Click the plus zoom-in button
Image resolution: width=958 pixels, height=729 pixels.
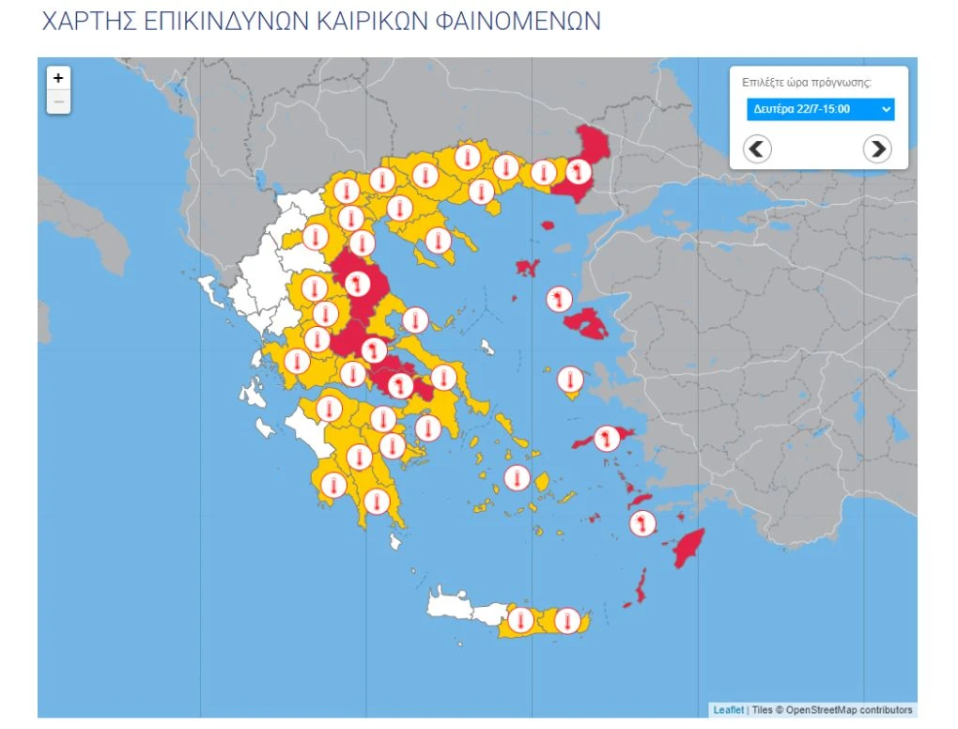point(58,78)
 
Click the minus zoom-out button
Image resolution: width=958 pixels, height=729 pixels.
point(58,101)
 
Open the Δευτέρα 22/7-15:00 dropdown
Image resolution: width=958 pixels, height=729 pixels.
point(820,109)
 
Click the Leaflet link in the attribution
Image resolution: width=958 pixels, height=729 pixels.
point(728,710)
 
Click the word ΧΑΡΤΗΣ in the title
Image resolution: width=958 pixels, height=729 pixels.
point(89,21)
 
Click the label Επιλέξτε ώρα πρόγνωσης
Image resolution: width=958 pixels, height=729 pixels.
point(806,82)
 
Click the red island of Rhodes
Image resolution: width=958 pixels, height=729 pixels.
point(690,548)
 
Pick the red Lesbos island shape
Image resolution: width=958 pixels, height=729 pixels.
point(588,323)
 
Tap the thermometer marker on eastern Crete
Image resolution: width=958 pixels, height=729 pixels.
point(567,621)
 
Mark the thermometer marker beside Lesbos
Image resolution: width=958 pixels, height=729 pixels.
point(560,300)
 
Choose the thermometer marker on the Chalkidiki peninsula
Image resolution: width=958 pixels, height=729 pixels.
point(438,240)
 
